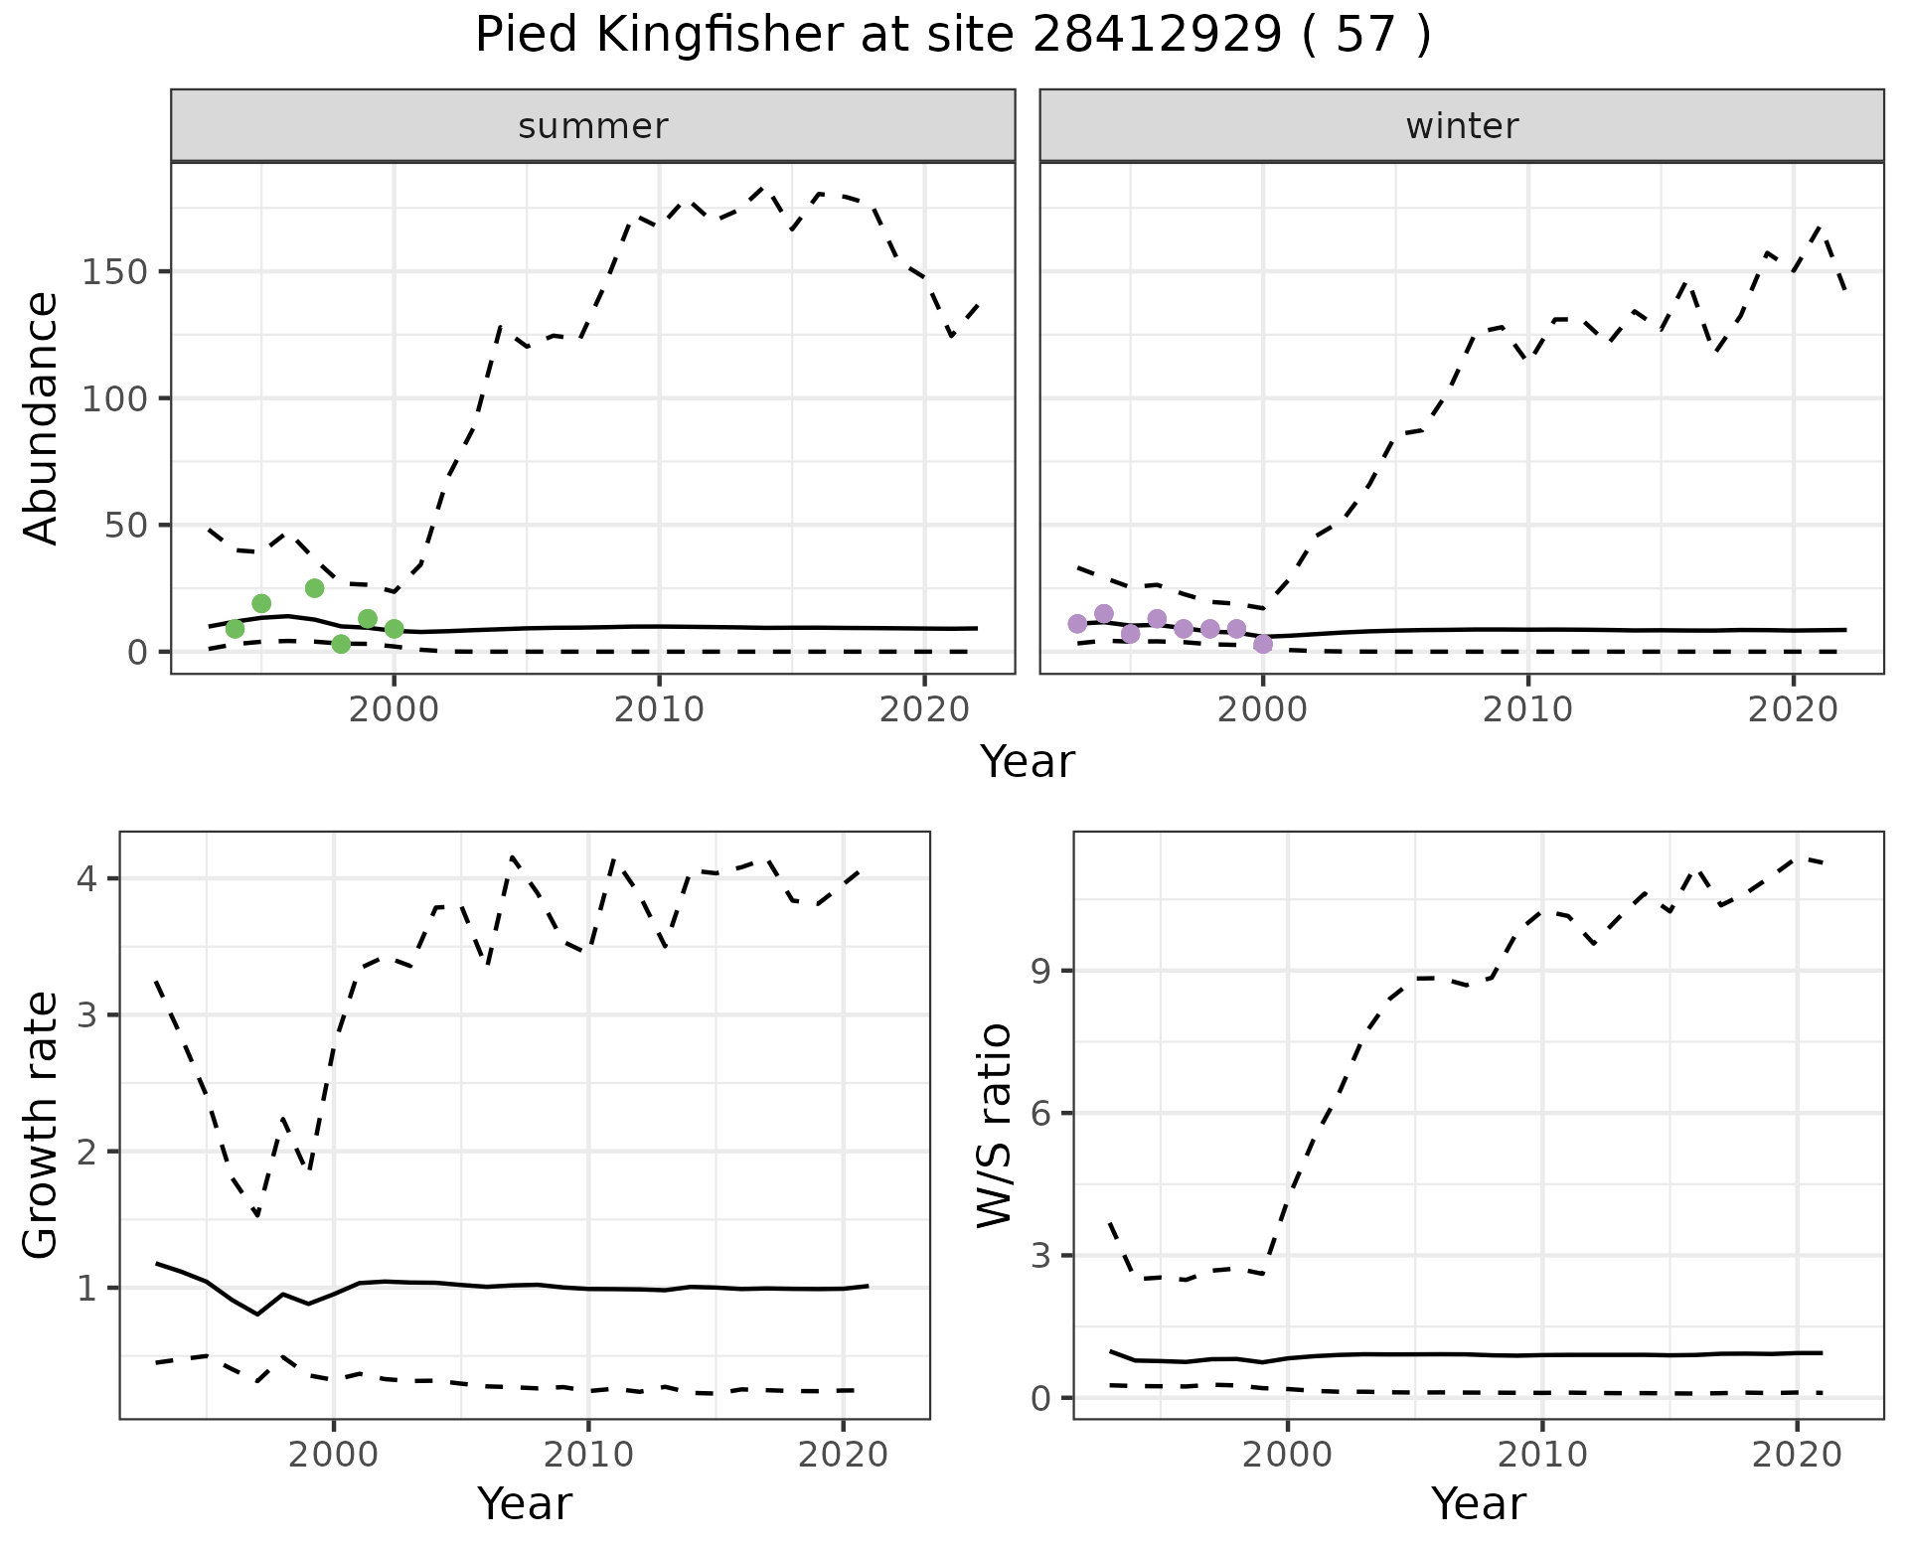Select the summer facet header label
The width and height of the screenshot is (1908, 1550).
click(x=593, y=126)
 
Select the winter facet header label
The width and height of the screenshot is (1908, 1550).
click(x=1462, y=126)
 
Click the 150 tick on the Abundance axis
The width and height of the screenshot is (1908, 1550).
click(x=113, y=272)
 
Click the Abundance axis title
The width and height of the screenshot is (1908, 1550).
click(x=41, y=418)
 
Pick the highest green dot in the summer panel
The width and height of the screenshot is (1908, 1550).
click(x=314, y=588)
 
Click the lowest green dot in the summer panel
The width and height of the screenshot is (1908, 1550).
click(x=341, y=644)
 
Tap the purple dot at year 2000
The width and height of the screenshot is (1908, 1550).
click(x=1263, y=644)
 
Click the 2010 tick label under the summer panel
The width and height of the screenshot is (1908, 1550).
click(x=659, y=709)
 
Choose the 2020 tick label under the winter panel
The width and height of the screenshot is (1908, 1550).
click(x=1793, y=709)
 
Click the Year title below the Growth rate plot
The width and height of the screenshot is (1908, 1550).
click(x=525, y=1503)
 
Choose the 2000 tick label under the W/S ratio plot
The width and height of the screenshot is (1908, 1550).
click(x=1288, y=1455)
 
